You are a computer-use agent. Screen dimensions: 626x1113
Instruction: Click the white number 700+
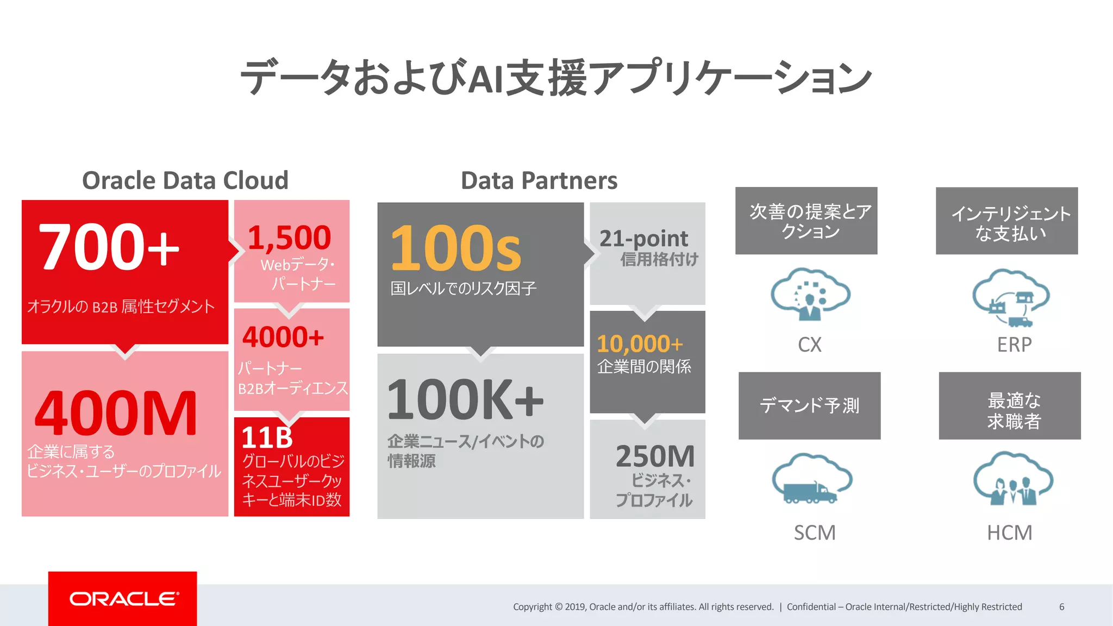coord(109,247)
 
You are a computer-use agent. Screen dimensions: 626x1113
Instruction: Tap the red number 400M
coord(116,414)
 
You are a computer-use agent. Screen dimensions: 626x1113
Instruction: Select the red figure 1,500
coord(289,237)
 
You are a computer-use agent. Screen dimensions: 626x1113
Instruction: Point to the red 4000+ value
coord(283,337)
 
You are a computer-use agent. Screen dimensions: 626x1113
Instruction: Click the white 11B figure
coord(267,437)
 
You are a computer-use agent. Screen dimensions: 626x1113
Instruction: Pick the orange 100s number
coord(455,248)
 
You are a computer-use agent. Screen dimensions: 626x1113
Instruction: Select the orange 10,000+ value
coord(640,344)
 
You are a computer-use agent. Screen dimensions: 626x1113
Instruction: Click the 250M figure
coord(655,456)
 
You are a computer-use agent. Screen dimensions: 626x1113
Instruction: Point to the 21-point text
coord(643,239)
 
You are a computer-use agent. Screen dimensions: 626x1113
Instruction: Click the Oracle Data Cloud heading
coord(185,180)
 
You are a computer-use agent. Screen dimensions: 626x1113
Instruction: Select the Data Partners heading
coord(539,180)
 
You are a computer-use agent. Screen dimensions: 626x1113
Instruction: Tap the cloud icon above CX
coord(810,294)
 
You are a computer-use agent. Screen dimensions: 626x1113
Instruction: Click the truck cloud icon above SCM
coord(812,479)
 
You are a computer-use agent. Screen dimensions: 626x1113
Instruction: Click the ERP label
coord(1014,345)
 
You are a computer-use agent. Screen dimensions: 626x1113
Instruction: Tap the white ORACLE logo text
coord(124,599)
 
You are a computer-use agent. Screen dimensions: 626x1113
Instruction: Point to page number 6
coord(1061,607)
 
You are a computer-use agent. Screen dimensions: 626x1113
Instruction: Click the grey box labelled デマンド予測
coord(809,405)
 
